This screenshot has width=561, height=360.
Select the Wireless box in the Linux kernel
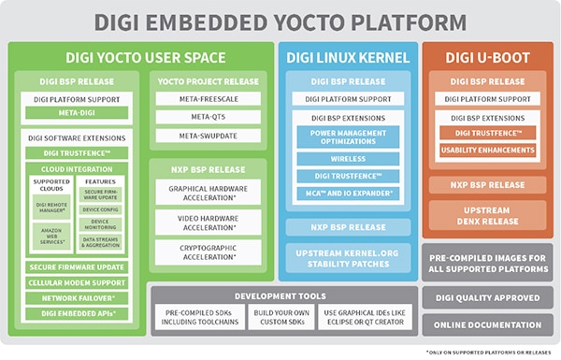tap(348, 158)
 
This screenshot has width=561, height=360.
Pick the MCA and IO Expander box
tap(348, 193)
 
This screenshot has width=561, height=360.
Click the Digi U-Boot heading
tap(487, 57)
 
